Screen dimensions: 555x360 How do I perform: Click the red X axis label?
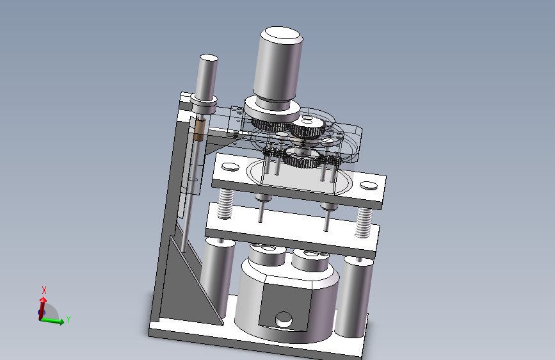pyautogui.click(x=44, y=290)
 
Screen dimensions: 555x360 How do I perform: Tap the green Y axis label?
pyautogui.click(x=68, y=320)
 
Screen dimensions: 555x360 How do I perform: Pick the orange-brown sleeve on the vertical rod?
pyautogui.click(x=199, y=129)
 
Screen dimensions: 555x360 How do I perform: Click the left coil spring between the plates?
pyautogui.click(x=225, y=204)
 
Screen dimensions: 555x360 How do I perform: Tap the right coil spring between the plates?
pyautogui.click(x=364, y=222)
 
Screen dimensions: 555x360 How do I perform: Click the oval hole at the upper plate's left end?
pyautogui.click(x=230, y=166)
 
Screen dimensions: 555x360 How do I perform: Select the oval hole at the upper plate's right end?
pyautogui.click(x=369, y=185)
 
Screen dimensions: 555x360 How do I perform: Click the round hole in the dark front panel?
pyautogui.click(x=284, y=320)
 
